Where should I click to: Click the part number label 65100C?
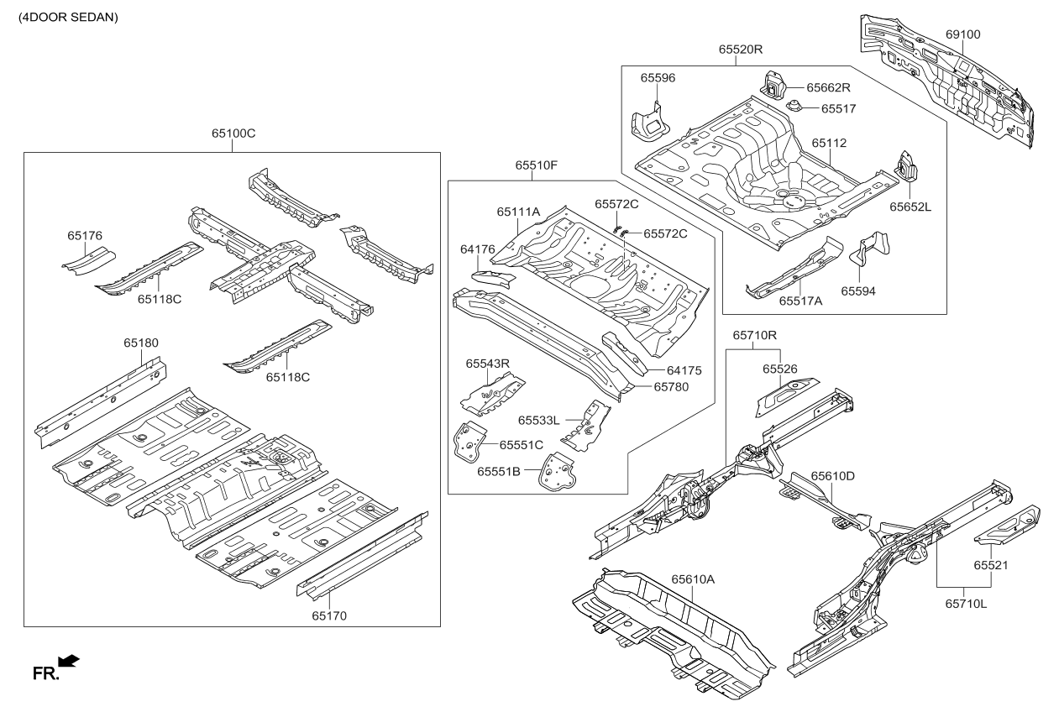[233, 133]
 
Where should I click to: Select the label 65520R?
[740, 50]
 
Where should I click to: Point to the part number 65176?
[85, 236]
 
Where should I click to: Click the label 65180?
[141, 343]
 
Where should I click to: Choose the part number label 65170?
[329, 615]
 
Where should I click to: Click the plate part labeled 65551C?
[469, 441]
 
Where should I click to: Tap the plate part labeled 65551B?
[555, 474]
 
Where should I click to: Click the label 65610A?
[693, 579]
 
